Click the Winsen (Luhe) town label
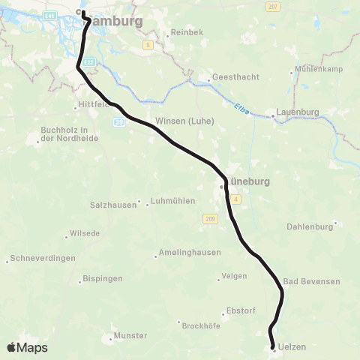click(x=184, y=121)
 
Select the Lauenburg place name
click(x=298, y=112)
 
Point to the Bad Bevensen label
click(x=312, y=281)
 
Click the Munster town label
click(x=130, y=335)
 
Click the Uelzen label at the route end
click(x=292, y=346)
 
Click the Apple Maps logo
click(x=27, y=347)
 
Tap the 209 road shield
click(x=208, y=218)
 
